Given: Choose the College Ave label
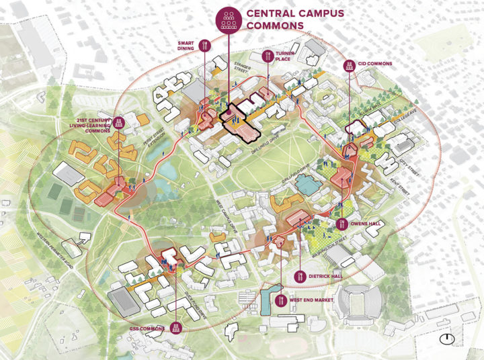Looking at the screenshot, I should [391, 122].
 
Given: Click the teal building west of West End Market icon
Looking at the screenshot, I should [268, 301].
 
